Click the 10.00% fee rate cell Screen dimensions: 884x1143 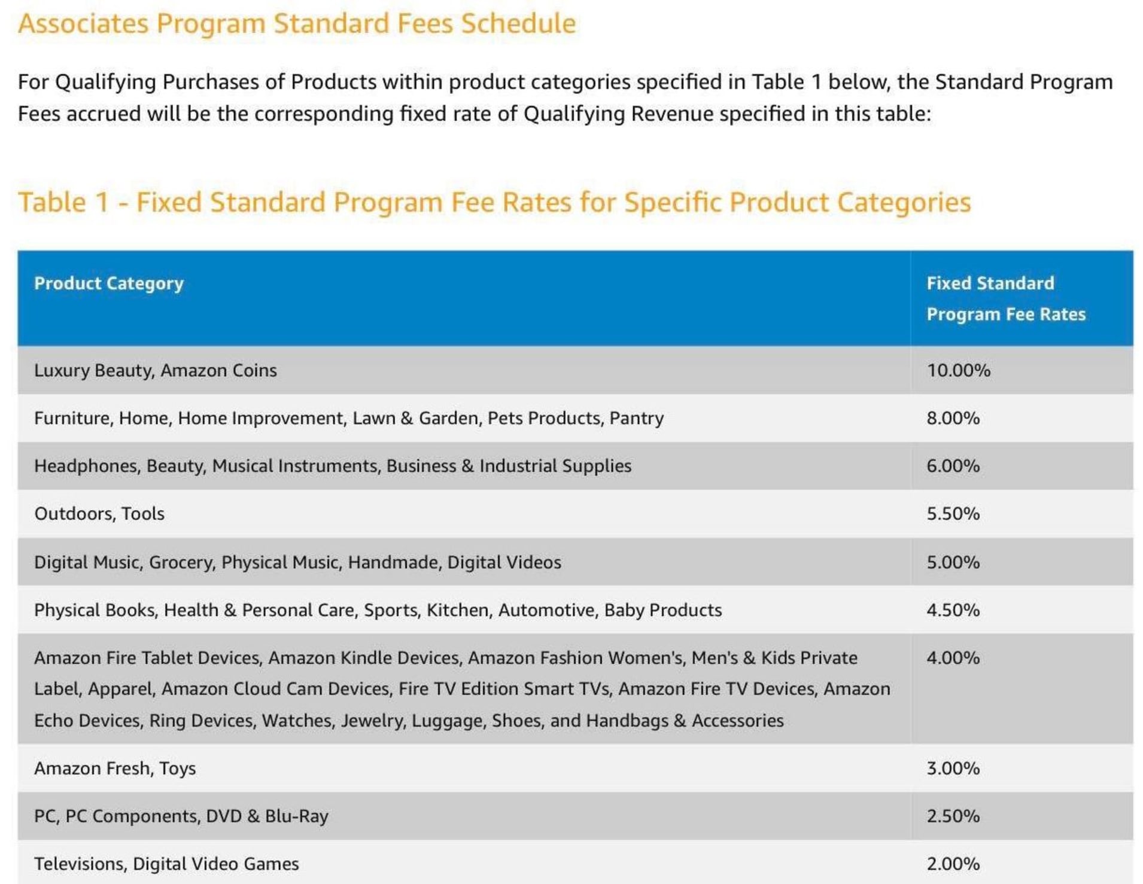(958, 370)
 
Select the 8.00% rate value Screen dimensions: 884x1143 (953, 418)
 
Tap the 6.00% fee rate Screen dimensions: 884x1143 (953, 466)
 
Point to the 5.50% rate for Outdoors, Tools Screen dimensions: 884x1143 (953, 514)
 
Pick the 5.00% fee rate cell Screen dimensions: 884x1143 (953, 562)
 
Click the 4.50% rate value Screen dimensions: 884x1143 (953, 610)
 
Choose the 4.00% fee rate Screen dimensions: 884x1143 (953, 658)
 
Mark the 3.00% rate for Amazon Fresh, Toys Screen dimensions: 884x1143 (953, 768)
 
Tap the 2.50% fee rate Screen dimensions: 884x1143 (953, 816)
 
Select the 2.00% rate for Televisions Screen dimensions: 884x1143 (953, 864)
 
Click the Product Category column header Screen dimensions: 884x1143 (109, 284)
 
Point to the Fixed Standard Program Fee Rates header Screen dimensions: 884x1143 (1005, 298)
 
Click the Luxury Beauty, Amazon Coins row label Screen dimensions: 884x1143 (156, 370)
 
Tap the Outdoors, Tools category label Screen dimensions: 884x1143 (99, 514)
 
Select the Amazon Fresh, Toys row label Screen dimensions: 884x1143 (115, 768)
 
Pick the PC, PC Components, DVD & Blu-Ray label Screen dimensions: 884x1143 (181, 816)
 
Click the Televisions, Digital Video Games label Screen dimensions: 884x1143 (166, 864)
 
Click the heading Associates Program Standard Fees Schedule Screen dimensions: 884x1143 (297, 24)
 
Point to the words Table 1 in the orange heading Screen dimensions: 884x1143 (63, 202)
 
